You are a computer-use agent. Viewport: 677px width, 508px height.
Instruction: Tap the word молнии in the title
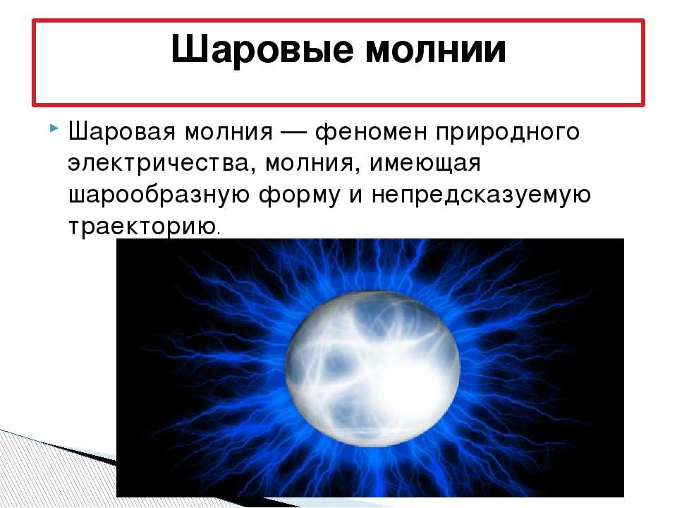436,49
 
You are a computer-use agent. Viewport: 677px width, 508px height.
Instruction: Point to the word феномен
370,132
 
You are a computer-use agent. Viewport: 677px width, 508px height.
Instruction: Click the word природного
507,132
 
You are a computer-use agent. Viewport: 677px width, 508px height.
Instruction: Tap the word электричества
157,163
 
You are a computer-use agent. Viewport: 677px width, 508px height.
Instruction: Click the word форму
300,195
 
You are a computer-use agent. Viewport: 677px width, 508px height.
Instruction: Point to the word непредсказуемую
481,195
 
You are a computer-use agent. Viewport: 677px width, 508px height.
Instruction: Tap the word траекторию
142,226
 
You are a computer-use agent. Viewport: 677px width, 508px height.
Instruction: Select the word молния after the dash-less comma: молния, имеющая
309,163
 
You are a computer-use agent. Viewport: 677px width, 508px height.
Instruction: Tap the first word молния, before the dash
228,132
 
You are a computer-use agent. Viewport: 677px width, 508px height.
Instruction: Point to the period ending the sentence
218,234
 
